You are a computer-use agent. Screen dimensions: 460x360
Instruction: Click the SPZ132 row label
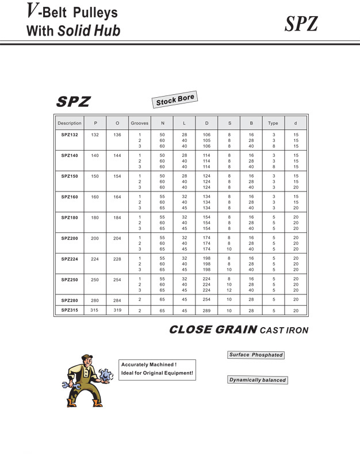pos(70,135)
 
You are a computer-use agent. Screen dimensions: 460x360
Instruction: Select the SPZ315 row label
pos(70,310)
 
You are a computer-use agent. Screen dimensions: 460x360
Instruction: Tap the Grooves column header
pos(139,123)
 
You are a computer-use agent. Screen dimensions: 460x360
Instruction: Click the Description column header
pos(70,123)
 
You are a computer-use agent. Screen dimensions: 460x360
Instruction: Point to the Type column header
pos(273,123)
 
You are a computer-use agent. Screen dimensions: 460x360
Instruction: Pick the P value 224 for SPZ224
pos(95,259)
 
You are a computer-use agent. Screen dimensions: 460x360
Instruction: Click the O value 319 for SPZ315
pos(117,310)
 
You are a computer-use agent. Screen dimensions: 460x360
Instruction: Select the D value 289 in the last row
pos(206,310)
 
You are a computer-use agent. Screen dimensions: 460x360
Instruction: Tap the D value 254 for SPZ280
pos(206,300)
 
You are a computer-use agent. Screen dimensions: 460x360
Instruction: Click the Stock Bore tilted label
pos(175,100)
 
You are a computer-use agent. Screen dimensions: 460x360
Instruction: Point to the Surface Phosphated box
pos(256,355)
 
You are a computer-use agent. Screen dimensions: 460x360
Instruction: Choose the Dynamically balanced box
pos(257,380)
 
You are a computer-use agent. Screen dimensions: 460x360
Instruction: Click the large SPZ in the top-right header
pos(301,24)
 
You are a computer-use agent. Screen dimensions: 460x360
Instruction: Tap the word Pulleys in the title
pos(93,13)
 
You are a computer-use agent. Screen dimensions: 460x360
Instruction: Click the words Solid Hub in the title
pos(89,31)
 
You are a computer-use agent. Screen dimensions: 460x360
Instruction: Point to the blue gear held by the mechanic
pos(105,376)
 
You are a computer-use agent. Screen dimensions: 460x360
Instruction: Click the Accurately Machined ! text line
pos(148,365)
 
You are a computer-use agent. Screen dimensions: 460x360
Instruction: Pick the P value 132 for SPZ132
pos(95,135)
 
